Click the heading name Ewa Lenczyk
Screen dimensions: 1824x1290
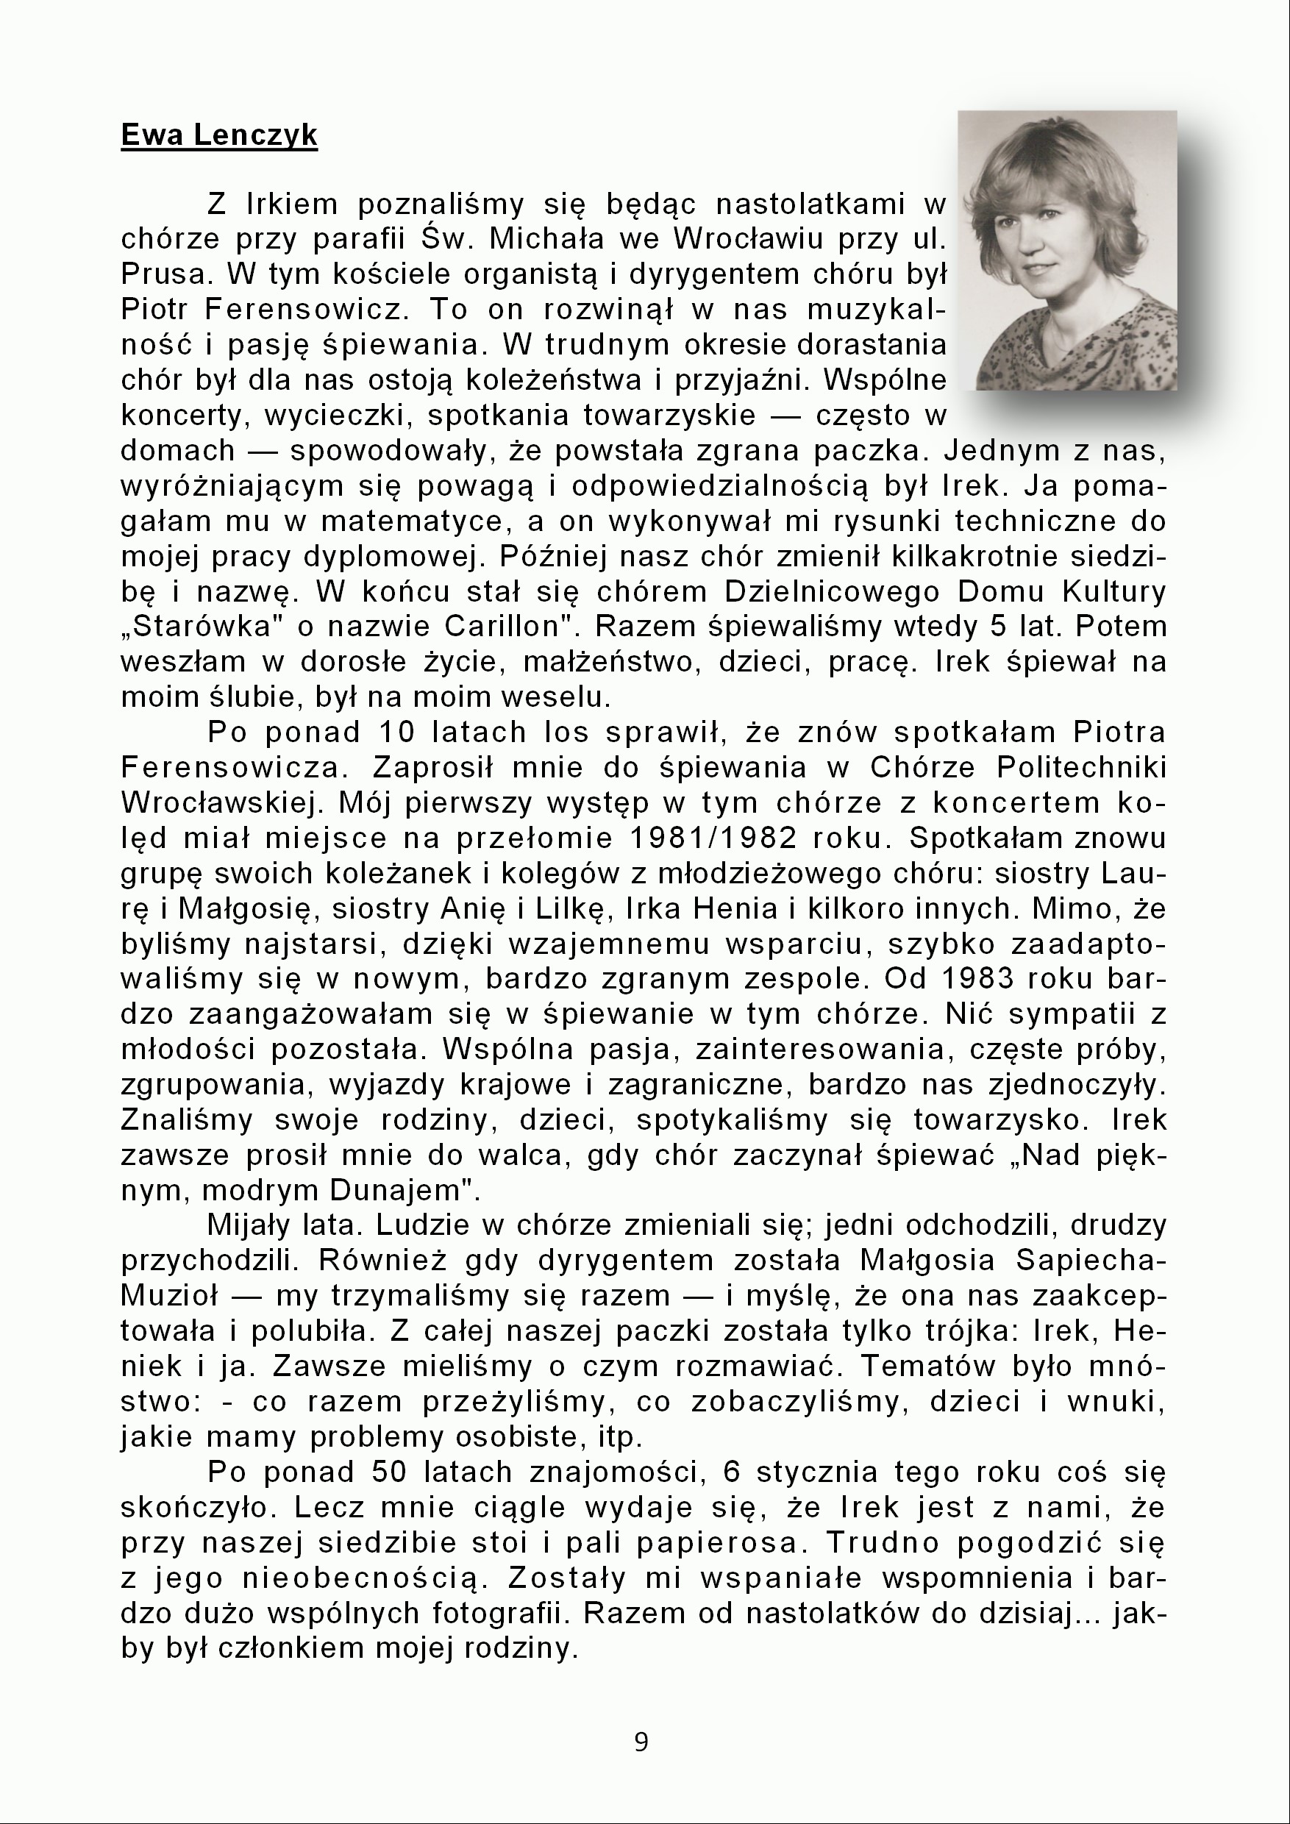tap(218, 136)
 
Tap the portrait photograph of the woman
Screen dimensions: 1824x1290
tap(1067, 250)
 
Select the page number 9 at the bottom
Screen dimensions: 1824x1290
tap(642, 1742)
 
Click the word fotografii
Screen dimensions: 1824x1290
tap(500, 1614)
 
